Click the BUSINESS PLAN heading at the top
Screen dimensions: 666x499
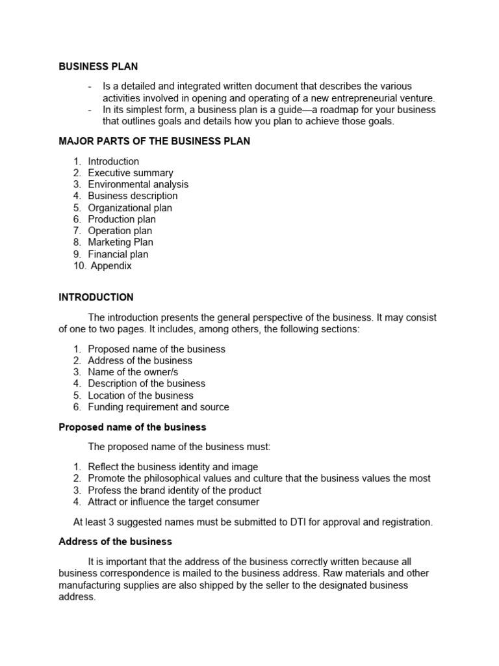(98, 66)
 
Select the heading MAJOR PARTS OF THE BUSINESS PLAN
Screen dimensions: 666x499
(154, 141)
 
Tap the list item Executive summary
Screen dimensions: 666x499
(131, 173)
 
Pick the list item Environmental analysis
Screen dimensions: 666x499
(138, 184)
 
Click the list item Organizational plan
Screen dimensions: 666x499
(130, 207)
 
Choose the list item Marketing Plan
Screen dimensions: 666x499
(120, 243)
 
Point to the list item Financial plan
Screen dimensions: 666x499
(118, 254)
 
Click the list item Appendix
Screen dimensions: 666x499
(111, 265)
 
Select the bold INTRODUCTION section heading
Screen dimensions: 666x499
(96, 297)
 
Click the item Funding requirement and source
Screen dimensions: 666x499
(159, 407)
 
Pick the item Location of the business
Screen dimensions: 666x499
(140, 395)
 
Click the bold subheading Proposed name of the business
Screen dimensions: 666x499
(133, 427)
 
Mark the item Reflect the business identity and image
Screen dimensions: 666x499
(173, 467)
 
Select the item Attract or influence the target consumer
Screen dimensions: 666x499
(173, 502)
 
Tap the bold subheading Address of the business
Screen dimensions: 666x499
(115, 541)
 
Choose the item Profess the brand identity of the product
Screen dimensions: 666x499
(175, 490)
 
